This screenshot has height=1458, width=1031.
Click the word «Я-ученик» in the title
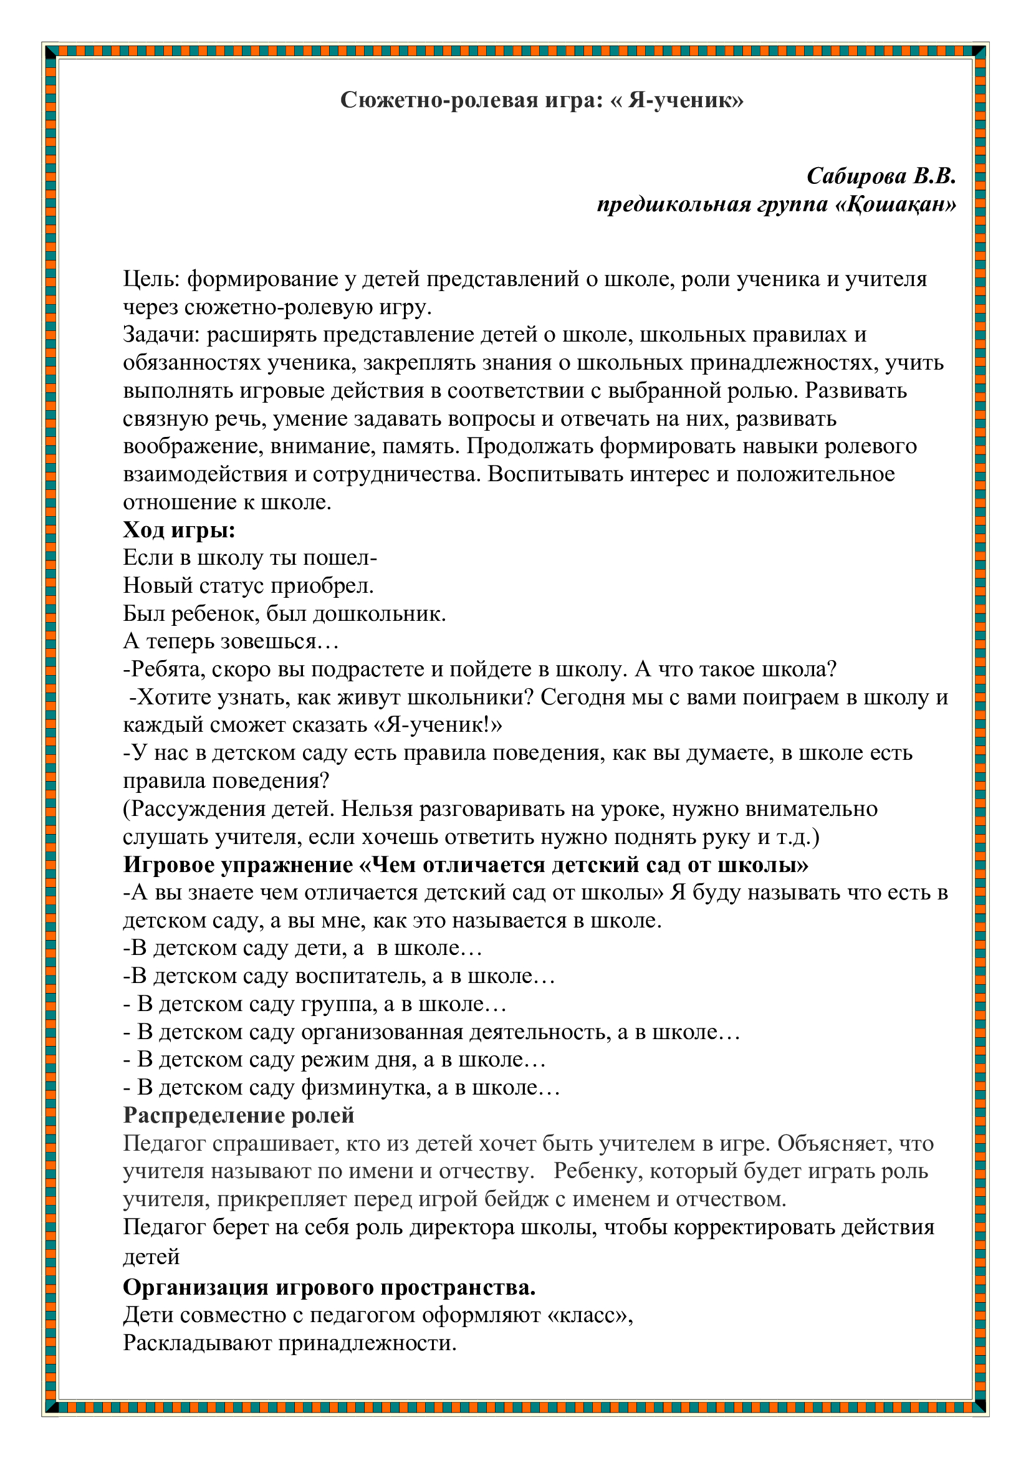click(685, 100)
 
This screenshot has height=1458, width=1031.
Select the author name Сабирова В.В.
click(881, 176)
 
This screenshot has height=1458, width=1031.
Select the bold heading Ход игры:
click(179, 530)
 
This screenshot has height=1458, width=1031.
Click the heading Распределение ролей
click(239, 1116)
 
